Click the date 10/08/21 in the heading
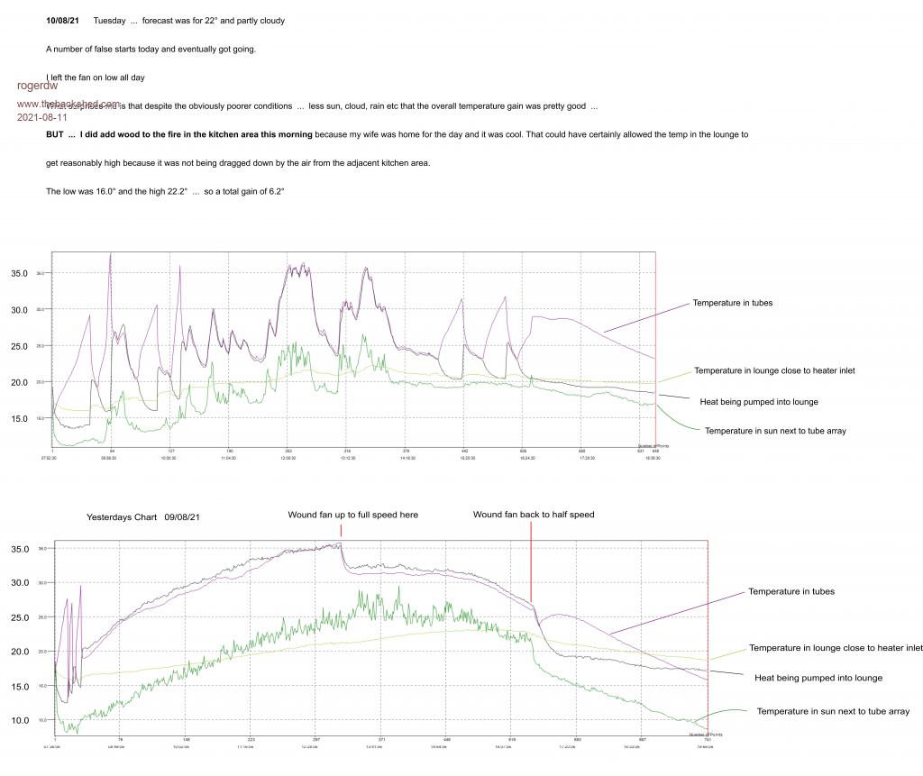tap(62, 20)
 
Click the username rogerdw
tap(37, 86)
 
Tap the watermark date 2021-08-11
tap(42, 117)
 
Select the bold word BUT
tap(55, 134)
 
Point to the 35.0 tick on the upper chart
tap(20, 273)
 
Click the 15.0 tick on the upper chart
tap(20, 418)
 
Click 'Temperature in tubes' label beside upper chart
tap(732, 303)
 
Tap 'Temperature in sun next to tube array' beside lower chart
tap(833, 712)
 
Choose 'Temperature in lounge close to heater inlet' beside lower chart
tap(836, 648)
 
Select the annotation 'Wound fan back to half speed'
tap(534, 515)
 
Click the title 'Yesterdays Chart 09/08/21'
tap(143, 517)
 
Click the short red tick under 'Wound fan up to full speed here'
tap(342, 530)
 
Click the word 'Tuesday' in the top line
tap(109, 20)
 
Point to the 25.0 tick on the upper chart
tap(20, 346)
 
